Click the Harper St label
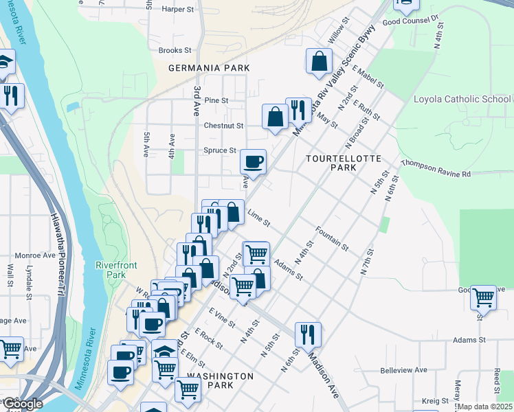pyautogui.click(x=178, y=10)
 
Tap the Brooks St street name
pyautogui.click(x=175, y=50)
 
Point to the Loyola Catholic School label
pyautogui.click(x=462, y=99)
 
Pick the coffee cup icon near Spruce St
pyautogui.click(x=253, y=162)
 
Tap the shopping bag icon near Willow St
pyautogui.click(x=319, y=61)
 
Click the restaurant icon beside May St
pyautogui.click(x=298, y=110)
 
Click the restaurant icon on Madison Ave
pyautogui.click(x=308, y=334)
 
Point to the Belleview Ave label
pyautogui.click(x=403, y=370)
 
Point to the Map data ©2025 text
pyautogui.click(x=484, y=407)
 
